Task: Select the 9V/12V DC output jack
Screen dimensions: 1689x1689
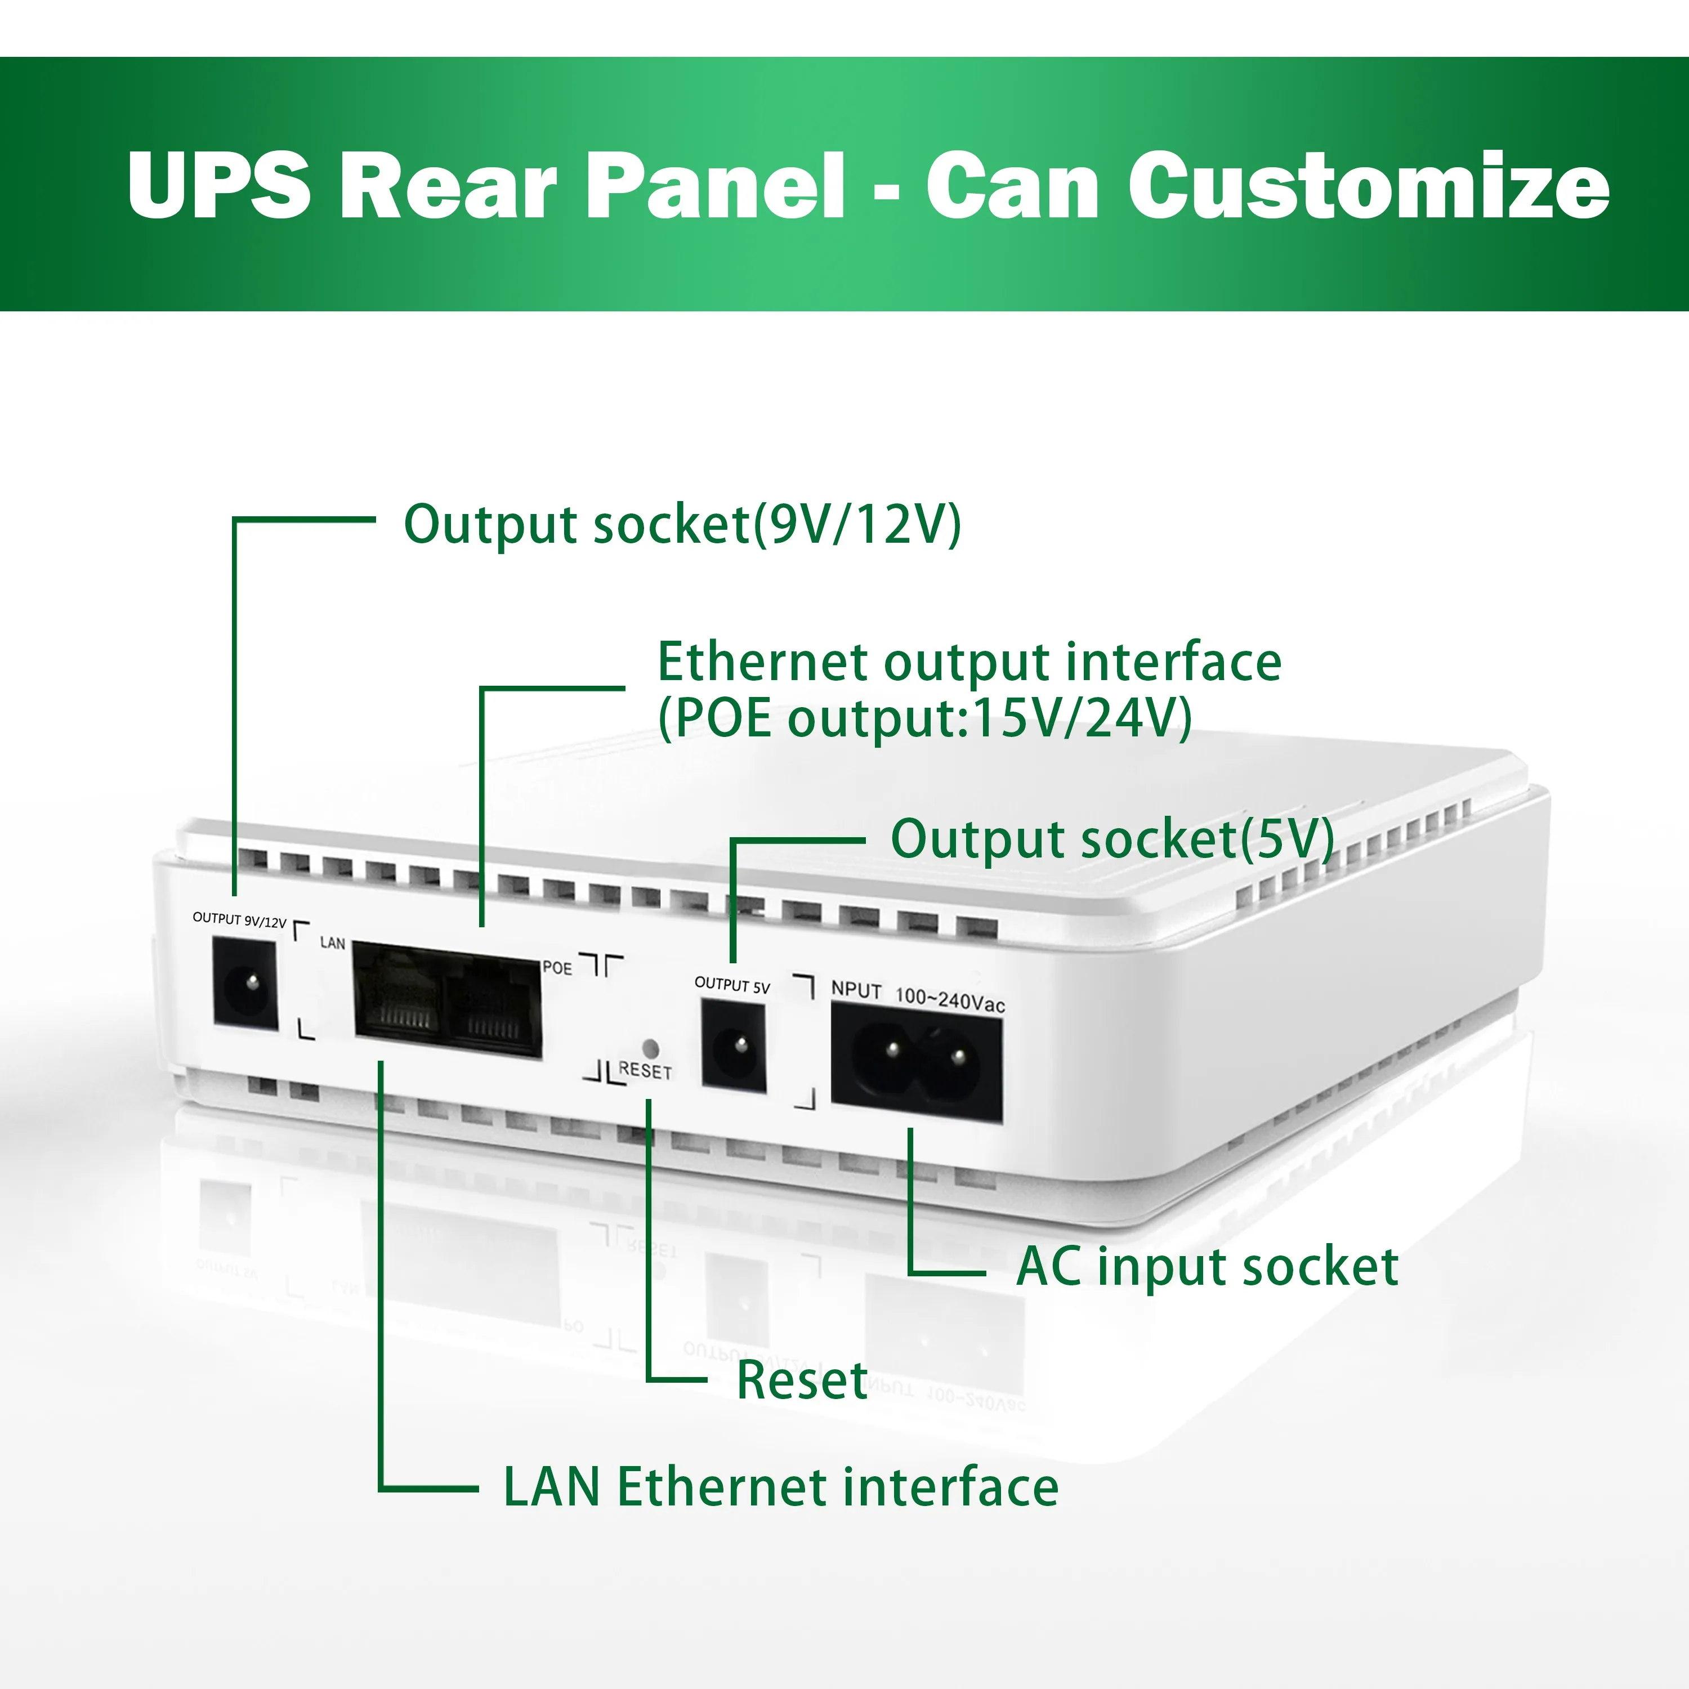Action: click(x=245, y=984)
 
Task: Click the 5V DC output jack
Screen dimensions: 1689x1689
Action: click(x=734, y=1047)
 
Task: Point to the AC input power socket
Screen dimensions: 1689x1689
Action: click(x=916, y=1061)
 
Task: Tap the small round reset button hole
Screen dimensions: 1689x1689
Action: click(x=650, y=1047)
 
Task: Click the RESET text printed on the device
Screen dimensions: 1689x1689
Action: click(x=645, y=1070)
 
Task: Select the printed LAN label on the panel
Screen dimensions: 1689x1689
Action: click(x=332, y=943)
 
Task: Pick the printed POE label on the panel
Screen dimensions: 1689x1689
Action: click(x=557, y=968)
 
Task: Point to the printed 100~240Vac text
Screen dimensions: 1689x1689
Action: click(x=950, y=1000)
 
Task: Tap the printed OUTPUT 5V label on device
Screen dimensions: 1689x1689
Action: click(x=732, y=985)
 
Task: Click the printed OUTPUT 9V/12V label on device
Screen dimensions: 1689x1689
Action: click(x=239, y=920)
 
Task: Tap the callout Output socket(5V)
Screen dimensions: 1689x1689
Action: click(x=1111, y=839)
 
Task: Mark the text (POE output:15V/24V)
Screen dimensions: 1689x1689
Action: click(x=924, y=718)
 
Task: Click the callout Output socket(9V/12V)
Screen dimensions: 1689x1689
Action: click(x=682, y=525)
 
